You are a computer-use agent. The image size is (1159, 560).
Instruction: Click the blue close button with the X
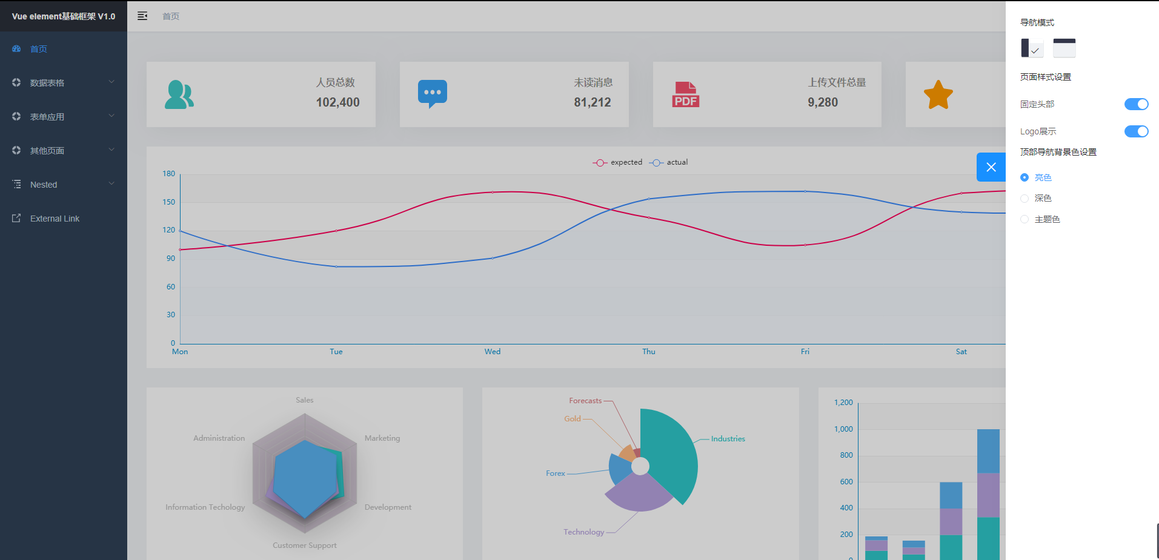[991, 167]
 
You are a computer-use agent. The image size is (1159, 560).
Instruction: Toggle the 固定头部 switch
[1136, 104]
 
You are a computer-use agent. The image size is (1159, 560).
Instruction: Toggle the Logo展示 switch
[1136, 131]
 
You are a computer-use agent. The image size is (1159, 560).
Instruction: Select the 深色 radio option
[1025, 199]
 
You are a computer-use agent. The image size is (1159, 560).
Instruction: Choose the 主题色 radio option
[1025, 219]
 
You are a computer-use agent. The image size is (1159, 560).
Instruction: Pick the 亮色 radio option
[1025, 177]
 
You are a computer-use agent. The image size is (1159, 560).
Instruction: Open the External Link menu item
[55, 219]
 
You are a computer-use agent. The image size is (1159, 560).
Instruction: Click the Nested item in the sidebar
[44, 185]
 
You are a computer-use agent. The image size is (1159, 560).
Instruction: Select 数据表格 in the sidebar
[47, 83]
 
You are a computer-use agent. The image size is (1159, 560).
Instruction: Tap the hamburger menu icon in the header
[142, 16]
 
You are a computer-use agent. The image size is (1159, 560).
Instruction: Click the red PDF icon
[686, 94]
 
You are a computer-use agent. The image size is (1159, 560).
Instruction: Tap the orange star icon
[938, 95]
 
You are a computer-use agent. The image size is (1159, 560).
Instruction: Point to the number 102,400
[337, 102]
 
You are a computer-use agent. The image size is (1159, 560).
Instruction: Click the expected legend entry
[618, 162]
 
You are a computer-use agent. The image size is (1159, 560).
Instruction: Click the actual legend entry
[669, 162]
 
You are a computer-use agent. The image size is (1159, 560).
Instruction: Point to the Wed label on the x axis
[493, 352]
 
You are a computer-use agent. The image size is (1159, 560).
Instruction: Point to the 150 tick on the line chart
[168, 202]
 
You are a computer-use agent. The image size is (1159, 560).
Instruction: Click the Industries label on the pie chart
[728, 439]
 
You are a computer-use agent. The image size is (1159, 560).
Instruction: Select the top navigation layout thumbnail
[1064, 48]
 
